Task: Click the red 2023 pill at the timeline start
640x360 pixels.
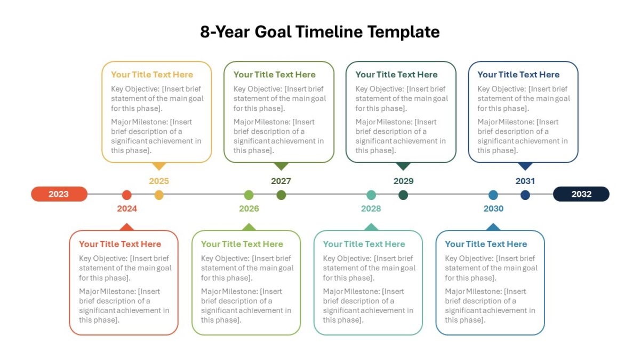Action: pos(59,194)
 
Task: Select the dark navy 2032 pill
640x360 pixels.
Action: pos(581,194)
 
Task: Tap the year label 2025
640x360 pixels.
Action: pos(159,181)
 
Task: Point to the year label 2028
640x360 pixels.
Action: pos(371,209)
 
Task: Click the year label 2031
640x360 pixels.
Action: pos(525,181)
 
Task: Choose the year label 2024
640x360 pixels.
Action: pos(127,209)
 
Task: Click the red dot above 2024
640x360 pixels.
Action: pos(126,195)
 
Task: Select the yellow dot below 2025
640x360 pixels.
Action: pos(159,195)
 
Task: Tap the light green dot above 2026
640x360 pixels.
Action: pos(249,195)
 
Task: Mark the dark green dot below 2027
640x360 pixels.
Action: pos(281,195)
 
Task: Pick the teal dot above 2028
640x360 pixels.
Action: pos(371,195)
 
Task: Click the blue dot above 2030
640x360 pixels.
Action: pos(493,195)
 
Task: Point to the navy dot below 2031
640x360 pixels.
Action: pos(525,195)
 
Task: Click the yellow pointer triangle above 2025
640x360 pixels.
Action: pos(159,166)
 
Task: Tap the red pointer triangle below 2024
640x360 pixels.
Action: pos(127,227)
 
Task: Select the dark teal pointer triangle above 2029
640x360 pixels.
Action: pos(403,166)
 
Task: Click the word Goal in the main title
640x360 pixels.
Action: pos(273,31)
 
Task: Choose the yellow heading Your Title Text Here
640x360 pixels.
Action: pos(152,75)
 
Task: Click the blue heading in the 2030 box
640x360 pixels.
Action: pos(486,244)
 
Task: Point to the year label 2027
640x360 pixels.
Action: pos(281,181)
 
